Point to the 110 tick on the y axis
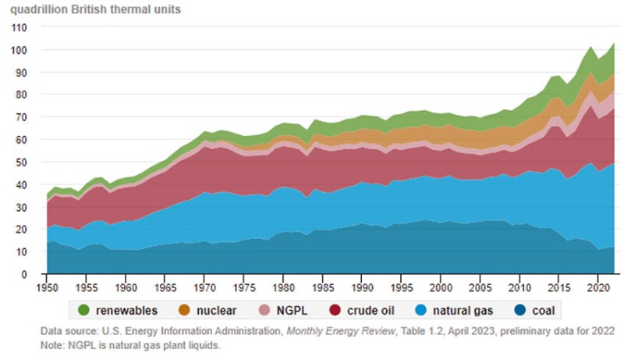click(x=18, y=27)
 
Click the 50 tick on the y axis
click(x=20, y=162)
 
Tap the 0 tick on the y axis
click(x=23, y=275)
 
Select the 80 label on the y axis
click(x=20, y=95)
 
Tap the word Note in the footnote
click(x=52, y=344)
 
